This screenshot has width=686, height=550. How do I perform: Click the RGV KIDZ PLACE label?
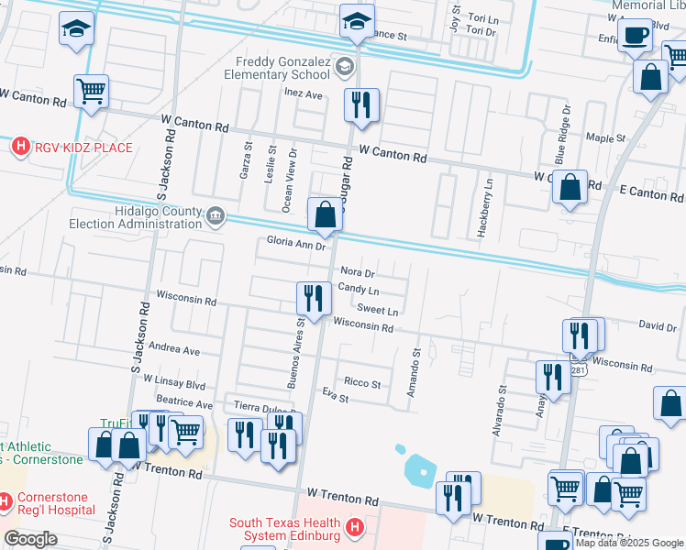83,147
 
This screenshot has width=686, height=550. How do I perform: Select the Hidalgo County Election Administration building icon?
215,216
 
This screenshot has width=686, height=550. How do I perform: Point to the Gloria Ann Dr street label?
295,245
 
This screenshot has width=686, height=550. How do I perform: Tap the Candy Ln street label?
359,289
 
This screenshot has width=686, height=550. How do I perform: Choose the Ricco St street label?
361,383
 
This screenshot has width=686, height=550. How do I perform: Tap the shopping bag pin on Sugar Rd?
325,215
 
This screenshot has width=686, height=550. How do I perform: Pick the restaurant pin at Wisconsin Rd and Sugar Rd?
314,297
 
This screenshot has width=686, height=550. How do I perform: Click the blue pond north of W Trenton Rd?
417,469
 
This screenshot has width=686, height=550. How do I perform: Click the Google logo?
30,539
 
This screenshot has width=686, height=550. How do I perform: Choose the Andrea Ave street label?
173,349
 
